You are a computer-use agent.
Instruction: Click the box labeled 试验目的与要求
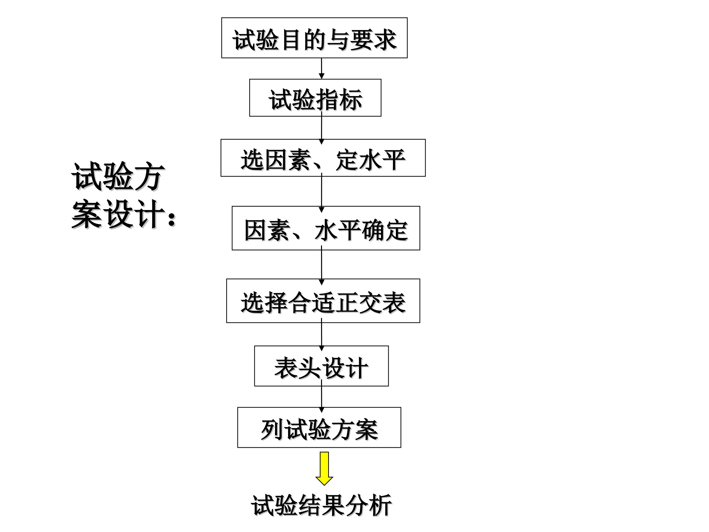click(x=314, y=38)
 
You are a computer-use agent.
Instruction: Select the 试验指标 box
click(x=315, y=98)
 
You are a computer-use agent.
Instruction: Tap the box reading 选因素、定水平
click(x=323, y=158)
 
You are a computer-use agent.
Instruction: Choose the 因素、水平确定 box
click(x=326, y=228)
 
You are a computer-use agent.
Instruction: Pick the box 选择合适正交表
click(x=323, y=300)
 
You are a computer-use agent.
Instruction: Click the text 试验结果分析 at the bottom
click(x=322, y=505)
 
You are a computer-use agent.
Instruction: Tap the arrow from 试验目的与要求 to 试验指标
click(x=322, y=68)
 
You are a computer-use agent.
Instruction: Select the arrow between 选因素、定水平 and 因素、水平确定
click(x=322, y=193)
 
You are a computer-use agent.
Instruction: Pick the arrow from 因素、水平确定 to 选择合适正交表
click(x=322, y=266)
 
